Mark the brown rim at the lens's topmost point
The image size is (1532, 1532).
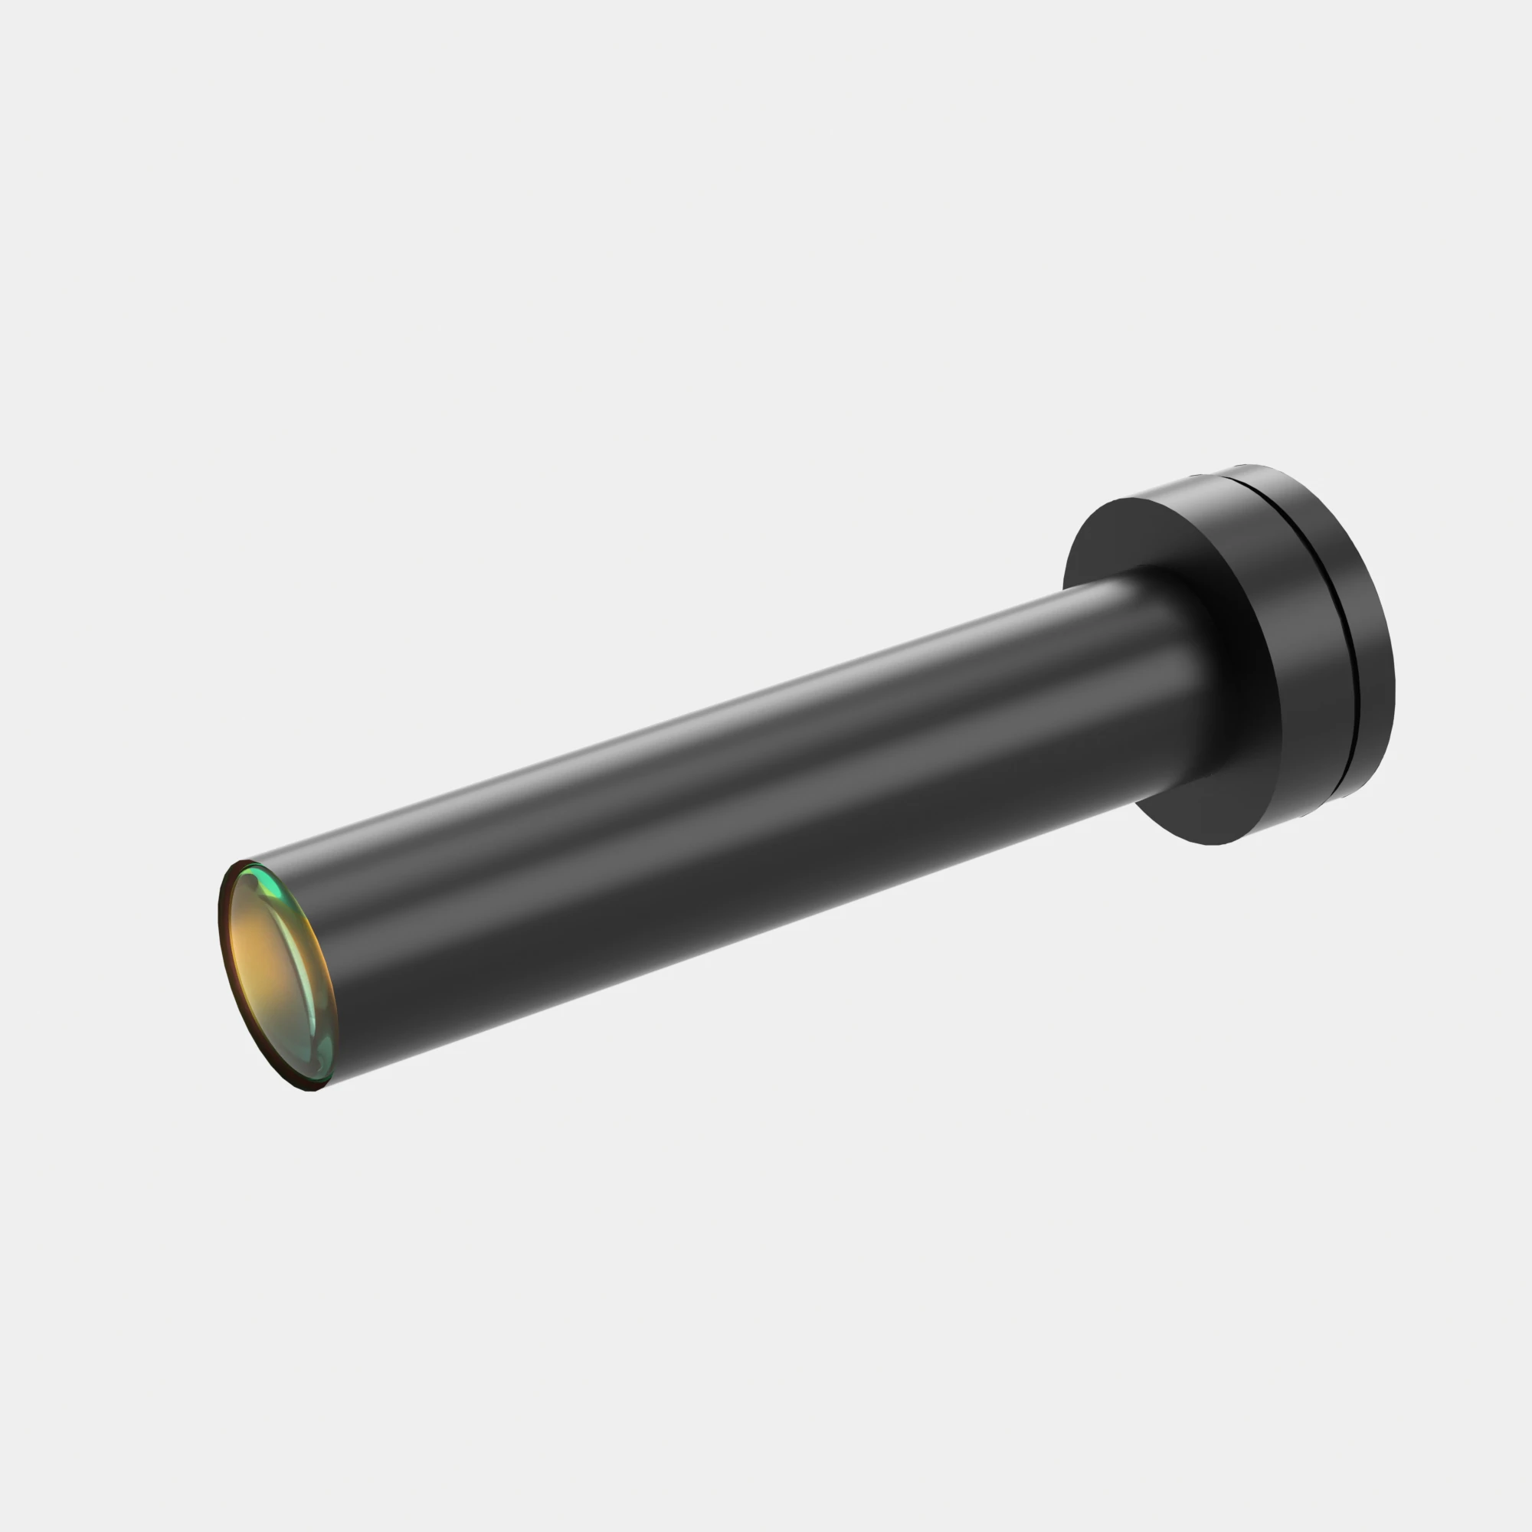click(238, 863)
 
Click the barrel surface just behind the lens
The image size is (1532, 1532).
click(373, 951)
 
